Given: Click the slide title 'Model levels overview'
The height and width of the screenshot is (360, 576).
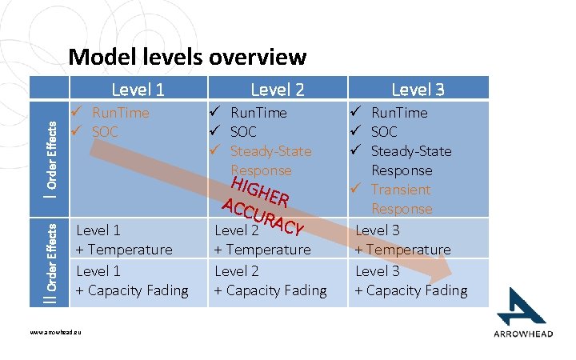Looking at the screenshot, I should (187, 57).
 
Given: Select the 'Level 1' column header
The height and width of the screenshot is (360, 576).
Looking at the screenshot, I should (138, 88).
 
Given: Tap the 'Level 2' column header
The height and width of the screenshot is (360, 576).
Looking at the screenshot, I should (278, 88).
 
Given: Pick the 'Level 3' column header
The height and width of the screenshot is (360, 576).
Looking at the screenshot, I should (418, 88).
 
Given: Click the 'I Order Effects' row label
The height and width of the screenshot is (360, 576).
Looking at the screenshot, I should (51, 158).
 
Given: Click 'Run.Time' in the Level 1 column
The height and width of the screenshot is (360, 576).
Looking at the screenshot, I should (120, 113).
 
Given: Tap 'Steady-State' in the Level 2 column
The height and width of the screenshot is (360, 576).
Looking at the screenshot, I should (270, 151).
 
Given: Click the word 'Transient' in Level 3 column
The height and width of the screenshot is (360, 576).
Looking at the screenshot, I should (400, 190).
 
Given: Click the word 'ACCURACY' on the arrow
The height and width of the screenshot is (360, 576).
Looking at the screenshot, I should (262, 216).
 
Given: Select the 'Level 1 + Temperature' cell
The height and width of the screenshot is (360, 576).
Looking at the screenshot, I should (124, 240).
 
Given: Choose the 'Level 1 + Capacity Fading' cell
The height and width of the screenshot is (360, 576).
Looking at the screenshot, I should (132, 281).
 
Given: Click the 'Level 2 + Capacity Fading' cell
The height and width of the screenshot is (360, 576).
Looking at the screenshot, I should (270, 281).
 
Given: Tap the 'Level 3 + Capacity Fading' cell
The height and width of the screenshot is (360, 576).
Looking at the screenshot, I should (410, 281).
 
